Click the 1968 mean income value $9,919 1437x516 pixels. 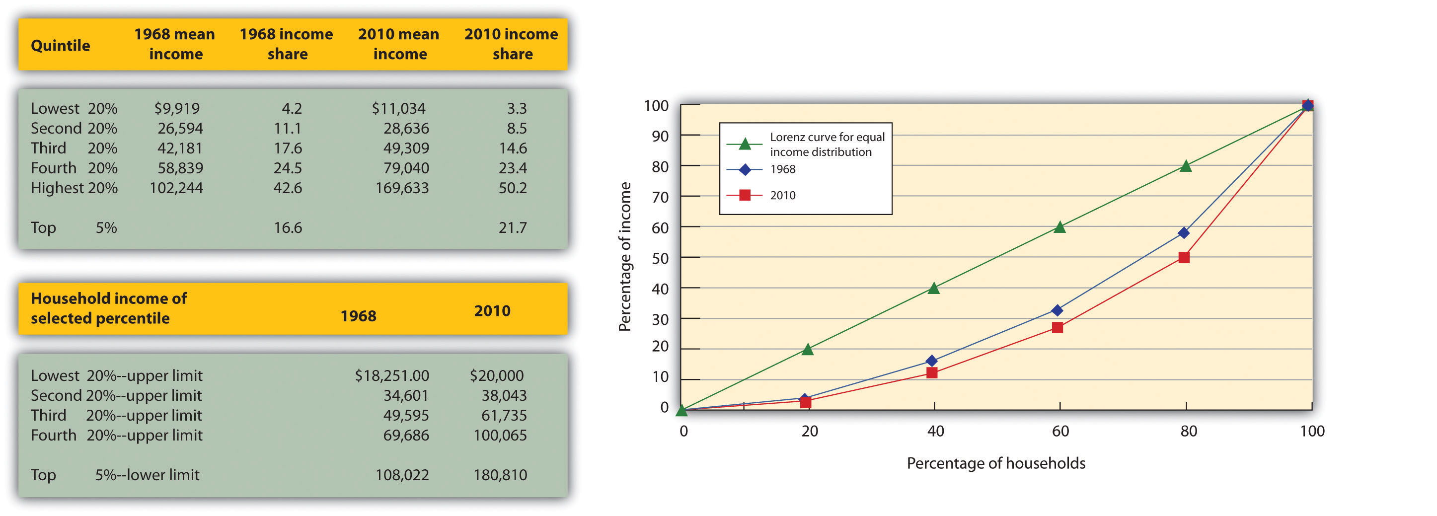pyautogui.click(x=176, y=108)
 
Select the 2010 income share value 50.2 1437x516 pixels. pyautogui.click(x=512, y=188)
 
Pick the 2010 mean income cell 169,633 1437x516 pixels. pyautogui.click(x=402, y=188)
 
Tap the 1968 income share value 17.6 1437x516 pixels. pyautogui.click(x=287, y=148)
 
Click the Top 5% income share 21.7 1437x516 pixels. pyautogui.click(x=512, y=227)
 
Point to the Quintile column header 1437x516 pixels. pyautogui.click(x=60, y=45)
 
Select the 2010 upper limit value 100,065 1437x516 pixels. pyautogui.click(x=500, y=435)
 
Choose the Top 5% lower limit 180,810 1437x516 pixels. pyautogui.click(x=500, y=475)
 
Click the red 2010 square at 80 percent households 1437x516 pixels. pyautogui.click(x=1184, y=257)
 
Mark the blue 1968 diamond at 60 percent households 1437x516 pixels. pyautogui.click(x=1057, y=310)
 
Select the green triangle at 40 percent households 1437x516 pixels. pyautogui.click(x=934, y=289)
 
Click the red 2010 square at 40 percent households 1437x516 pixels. pyautogui.click(x=932, y=372)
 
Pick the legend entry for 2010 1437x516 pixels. pyautogui.click(x=782, y=195)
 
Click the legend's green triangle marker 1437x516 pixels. pyautogui.click(x=744, y=145)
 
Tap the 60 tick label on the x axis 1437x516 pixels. pyautogui.click(x=1060, y=431)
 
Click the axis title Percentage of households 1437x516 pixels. pyautogui.click(x=996, y=463)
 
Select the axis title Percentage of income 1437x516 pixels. pyautogui.click(x=625, y=257)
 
